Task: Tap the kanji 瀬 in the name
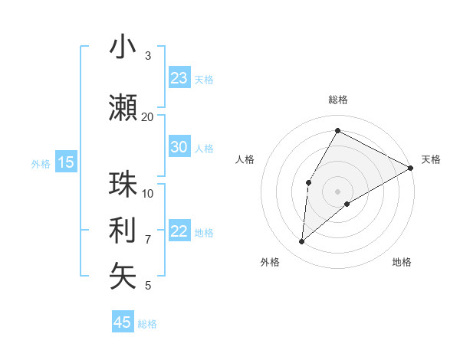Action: (x=123, y=109)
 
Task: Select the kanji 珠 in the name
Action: (x=123, y=185)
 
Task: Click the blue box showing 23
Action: (x=179, y=78)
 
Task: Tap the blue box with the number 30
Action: (x=179, y=147)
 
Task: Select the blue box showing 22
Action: (x=179, y=232)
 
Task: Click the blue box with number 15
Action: (x=66, y=162)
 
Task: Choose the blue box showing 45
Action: (x=123, y=322)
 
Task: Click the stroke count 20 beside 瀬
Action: (x=147, y=116)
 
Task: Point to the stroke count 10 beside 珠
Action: (x=148, y=193)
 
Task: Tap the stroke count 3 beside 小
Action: (x=148, y=55)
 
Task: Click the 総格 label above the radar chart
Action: (x=337, y=100)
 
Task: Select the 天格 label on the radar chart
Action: (x=431, y=159)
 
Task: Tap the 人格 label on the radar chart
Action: (x=245, y=159)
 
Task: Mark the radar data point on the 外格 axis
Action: (x=302, y=242)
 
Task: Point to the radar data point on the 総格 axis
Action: (x=337, y=130)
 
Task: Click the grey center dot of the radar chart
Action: (x=337, y=191)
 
